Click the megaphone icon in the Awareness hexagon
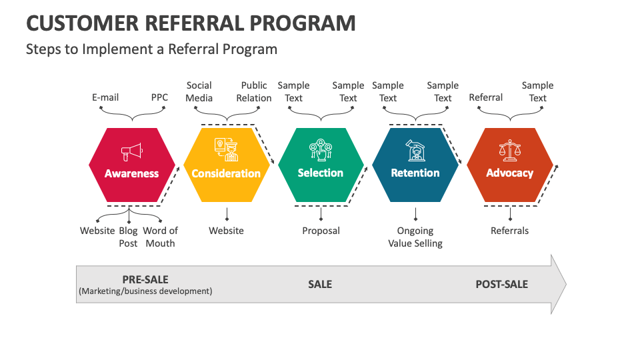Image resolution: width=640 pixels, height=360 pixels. click(132, 152)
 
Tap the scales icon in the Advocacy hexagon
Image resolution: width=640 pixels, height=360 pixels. click(509, 151)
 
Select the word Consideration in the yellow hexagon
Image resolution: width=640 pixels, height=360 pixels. click(226, 173)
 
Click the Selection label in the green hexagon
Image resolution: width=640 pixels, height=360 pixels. click(321, 173)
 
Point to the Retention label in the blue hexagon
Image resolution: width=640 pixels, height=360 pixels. click(415, 173)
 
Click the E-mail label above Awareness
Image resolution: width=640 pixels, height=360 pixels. click(105, 97)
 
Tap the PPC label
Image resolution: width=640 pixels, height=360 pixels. click(159, 97)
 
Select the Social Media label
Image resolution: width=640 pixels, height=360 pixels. click(199, 91)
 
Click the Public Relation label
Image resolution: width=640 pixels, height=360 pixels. click(254, 91)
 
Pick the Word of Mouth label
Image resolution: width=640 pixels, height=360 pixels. click(161, 237)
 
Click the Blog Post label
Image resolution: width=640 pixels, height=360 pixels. click(129, 237)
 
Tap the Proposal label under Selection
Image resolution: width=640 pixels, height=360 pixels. click(321, 231)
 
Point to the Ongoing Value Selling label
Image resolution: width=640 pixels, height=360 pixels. click(415, 237)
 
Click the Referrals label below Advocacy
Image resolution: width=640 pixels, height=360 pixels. click(509, 231)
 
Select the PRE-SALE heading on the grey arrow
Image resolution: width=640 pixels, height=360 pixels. click(145, 279)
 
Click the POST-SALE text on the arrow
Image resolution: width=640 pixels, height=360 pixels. click(501, 284)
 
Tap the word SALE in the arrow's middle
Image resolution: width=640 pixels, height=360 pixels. click(320, 284)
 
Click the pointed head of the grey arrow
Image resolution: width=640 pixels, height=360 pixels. click(559, 284)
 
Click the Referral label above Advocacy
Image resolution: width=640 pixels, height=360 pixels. click(486, 97)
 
